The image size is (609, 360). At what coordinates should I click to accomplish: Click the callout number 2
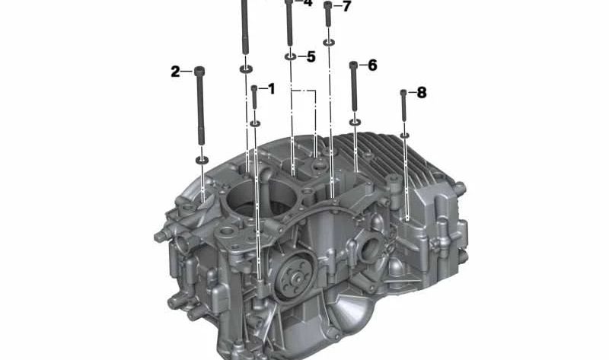click(176, 72)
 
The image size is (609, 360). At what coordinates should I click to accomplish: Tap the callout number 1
click(271, 89)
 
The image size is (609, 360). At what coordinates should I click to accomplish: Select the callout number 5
click(311, 57)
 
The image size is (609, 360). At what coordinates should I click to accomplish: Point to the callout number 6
click(372, 65)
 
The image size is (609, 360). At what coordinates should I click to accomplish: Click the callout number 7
click(346, 6)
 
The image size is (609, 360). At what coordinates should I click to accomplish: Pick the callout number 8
click(422, 93)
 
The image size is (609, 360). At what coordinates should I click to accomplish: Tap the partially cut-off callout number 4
click(308, 3)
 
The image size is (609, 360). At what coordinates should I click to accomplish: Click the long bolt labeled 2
click(200, 106)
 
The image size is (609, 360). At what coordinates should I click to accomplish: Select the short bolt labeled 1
click(254, 97)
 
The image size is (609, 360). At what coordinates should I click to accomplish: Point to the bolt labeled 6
click(353, 86)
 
